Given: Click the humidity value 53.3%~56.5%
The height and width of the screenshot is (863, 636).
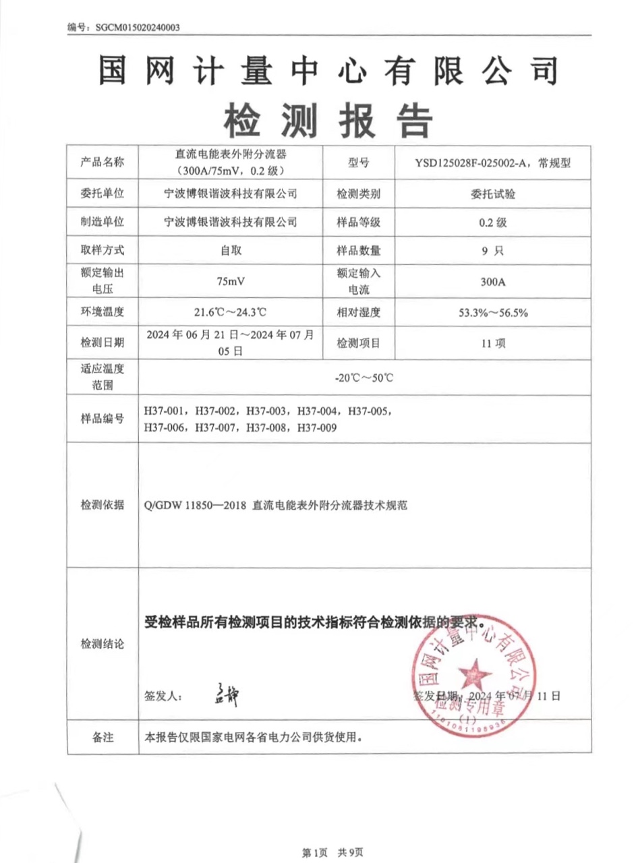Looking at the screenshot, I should pos(493,312).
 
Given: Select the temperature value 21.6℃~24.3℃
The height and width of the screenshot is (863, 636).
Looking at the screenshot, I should pos(231,312).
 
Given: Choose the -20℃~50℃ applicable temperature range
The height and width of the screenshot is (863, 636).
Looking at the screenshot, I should pos(364,378).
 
